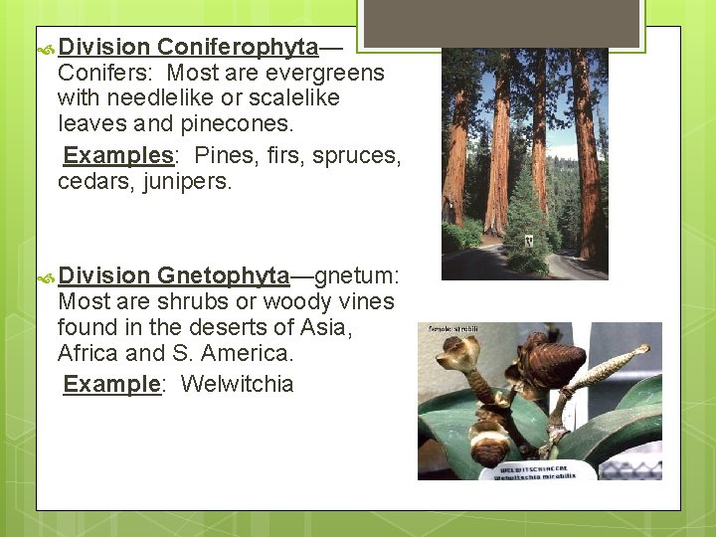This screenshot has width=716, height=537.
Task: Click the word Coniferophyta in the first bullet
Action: pyautogui.click(x=238, y=48)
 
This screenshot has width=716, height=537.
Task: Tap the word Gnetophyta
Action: pyautogui.click(x=223, y=275)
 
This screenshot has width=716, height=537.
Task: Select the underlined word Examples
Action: pyautogui.click(x=118, y=156)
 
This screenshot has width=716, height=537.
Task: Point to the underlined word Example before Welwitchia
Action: pyautogui.click(x=111, y=384)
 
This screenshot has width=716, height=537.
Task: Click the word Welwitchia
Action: pyautogui.click(x=238, y=384)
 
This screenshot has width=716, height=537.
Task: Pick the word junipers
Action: pyautogui.click(x=182, y=182)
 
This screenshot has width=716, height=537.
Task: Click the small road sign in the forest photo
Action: pyautogui.click(x=528, y=240)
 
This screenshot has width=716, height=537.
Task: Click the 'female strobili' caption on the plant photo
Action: pyautogui.click(x=453, y=327)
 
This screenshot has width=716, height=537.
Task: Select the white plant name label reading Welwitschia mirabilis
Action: pyautogui.click(x=533, y=471)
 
